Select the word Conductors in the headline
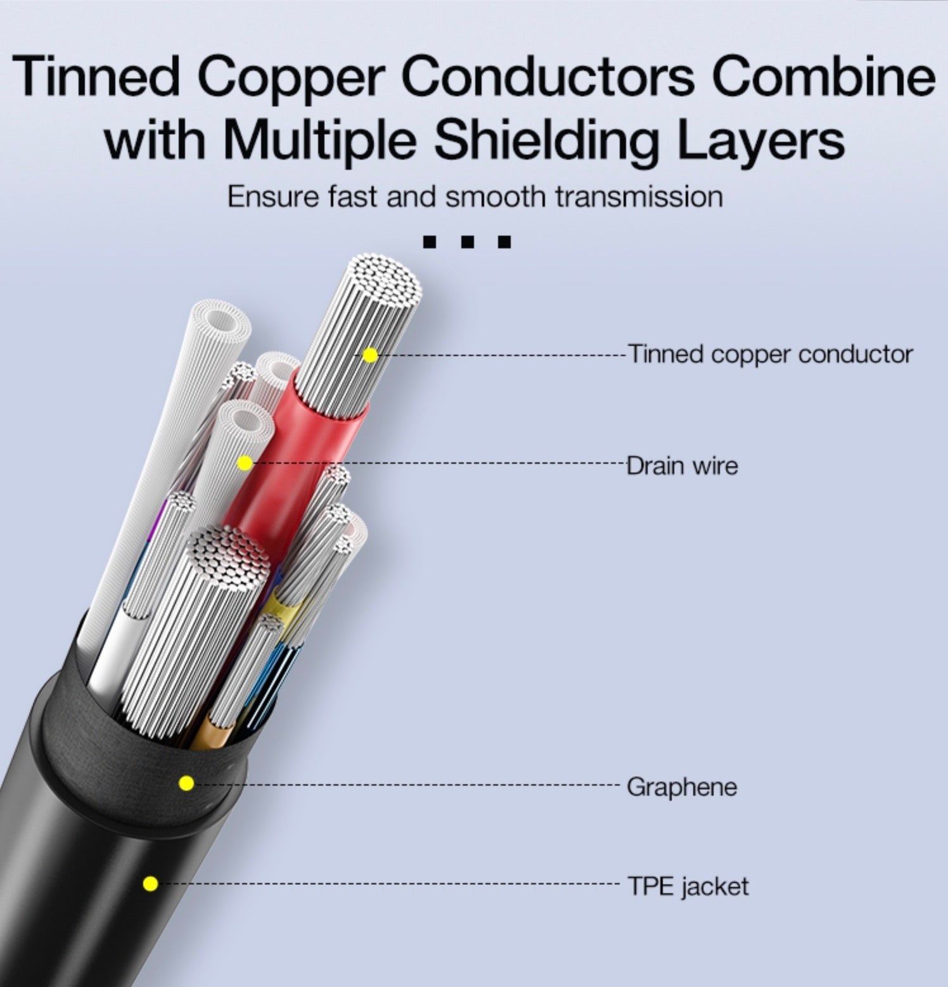[548, 77]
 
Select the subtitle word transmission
[638, 196]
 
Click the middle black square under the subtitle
[468, 242]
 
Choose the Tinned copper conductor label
[770, 353]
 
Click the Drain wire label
[682, 466]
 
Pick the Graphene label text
[682, 787]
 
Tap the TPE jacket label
[688, 886]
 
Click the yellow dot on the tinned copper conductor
[371, 355]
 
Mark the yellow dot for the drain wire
[245, 464]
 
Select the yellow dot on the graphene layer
[186, 784]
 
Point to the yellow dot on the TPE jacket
[150, 883]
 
